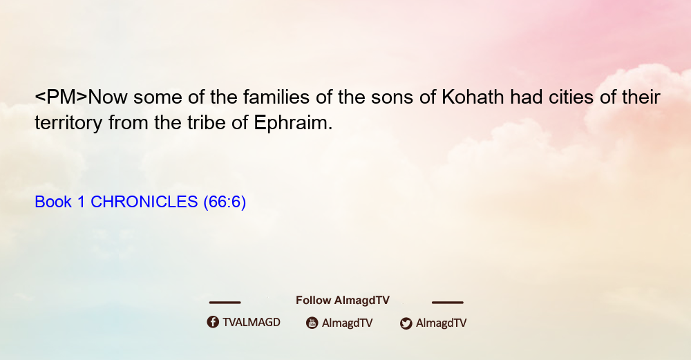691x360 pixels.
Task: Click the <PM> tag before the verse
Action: tap(61, 97)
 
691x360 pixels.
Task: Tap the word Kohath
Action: tap(473, 97)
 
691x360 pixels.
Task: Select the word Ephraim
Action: tap(293, 123)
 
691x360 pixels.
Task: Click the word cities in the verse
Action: tap(571, 97)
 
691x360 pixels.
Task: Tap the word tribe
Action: tap(207, 123)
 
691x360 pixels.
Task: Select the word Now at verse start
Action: tap(108, 97)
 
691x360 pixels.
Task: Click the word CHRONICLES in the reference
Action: tap(144, 202)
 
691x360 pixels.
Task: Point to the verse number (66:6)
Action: tap(225, 202)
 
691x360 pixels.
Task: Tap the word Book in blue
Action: tap(53, 202)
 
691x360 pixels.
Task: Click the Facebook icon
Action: tap(213, 322)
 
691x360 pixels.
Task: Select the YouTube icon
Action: tap(312, 323)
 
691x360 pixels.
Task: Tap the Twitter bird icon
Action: tap(406, 323)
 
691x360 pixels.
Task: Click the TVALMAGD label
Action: tap(252, 322)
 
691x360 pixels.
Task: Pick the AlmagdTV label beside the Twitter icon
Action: tap(441, 323)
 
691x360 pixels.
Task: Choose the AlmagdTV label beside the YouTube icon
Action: tap(348, 323)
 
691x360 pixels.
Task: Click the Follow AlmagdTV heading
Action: tap(343, 300)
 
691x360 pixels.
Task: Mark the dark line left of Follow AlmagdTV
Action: tap(225, 302)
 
